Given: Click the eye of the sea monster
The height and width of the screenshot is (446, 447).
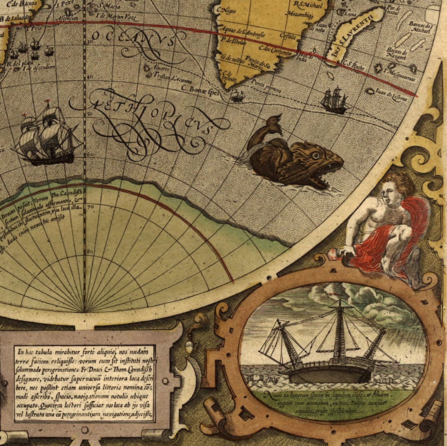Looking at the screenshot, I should tap(316, 155).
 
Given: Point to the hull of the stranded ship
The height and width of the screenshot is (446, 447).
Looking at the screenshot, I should tap(329, 374).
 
